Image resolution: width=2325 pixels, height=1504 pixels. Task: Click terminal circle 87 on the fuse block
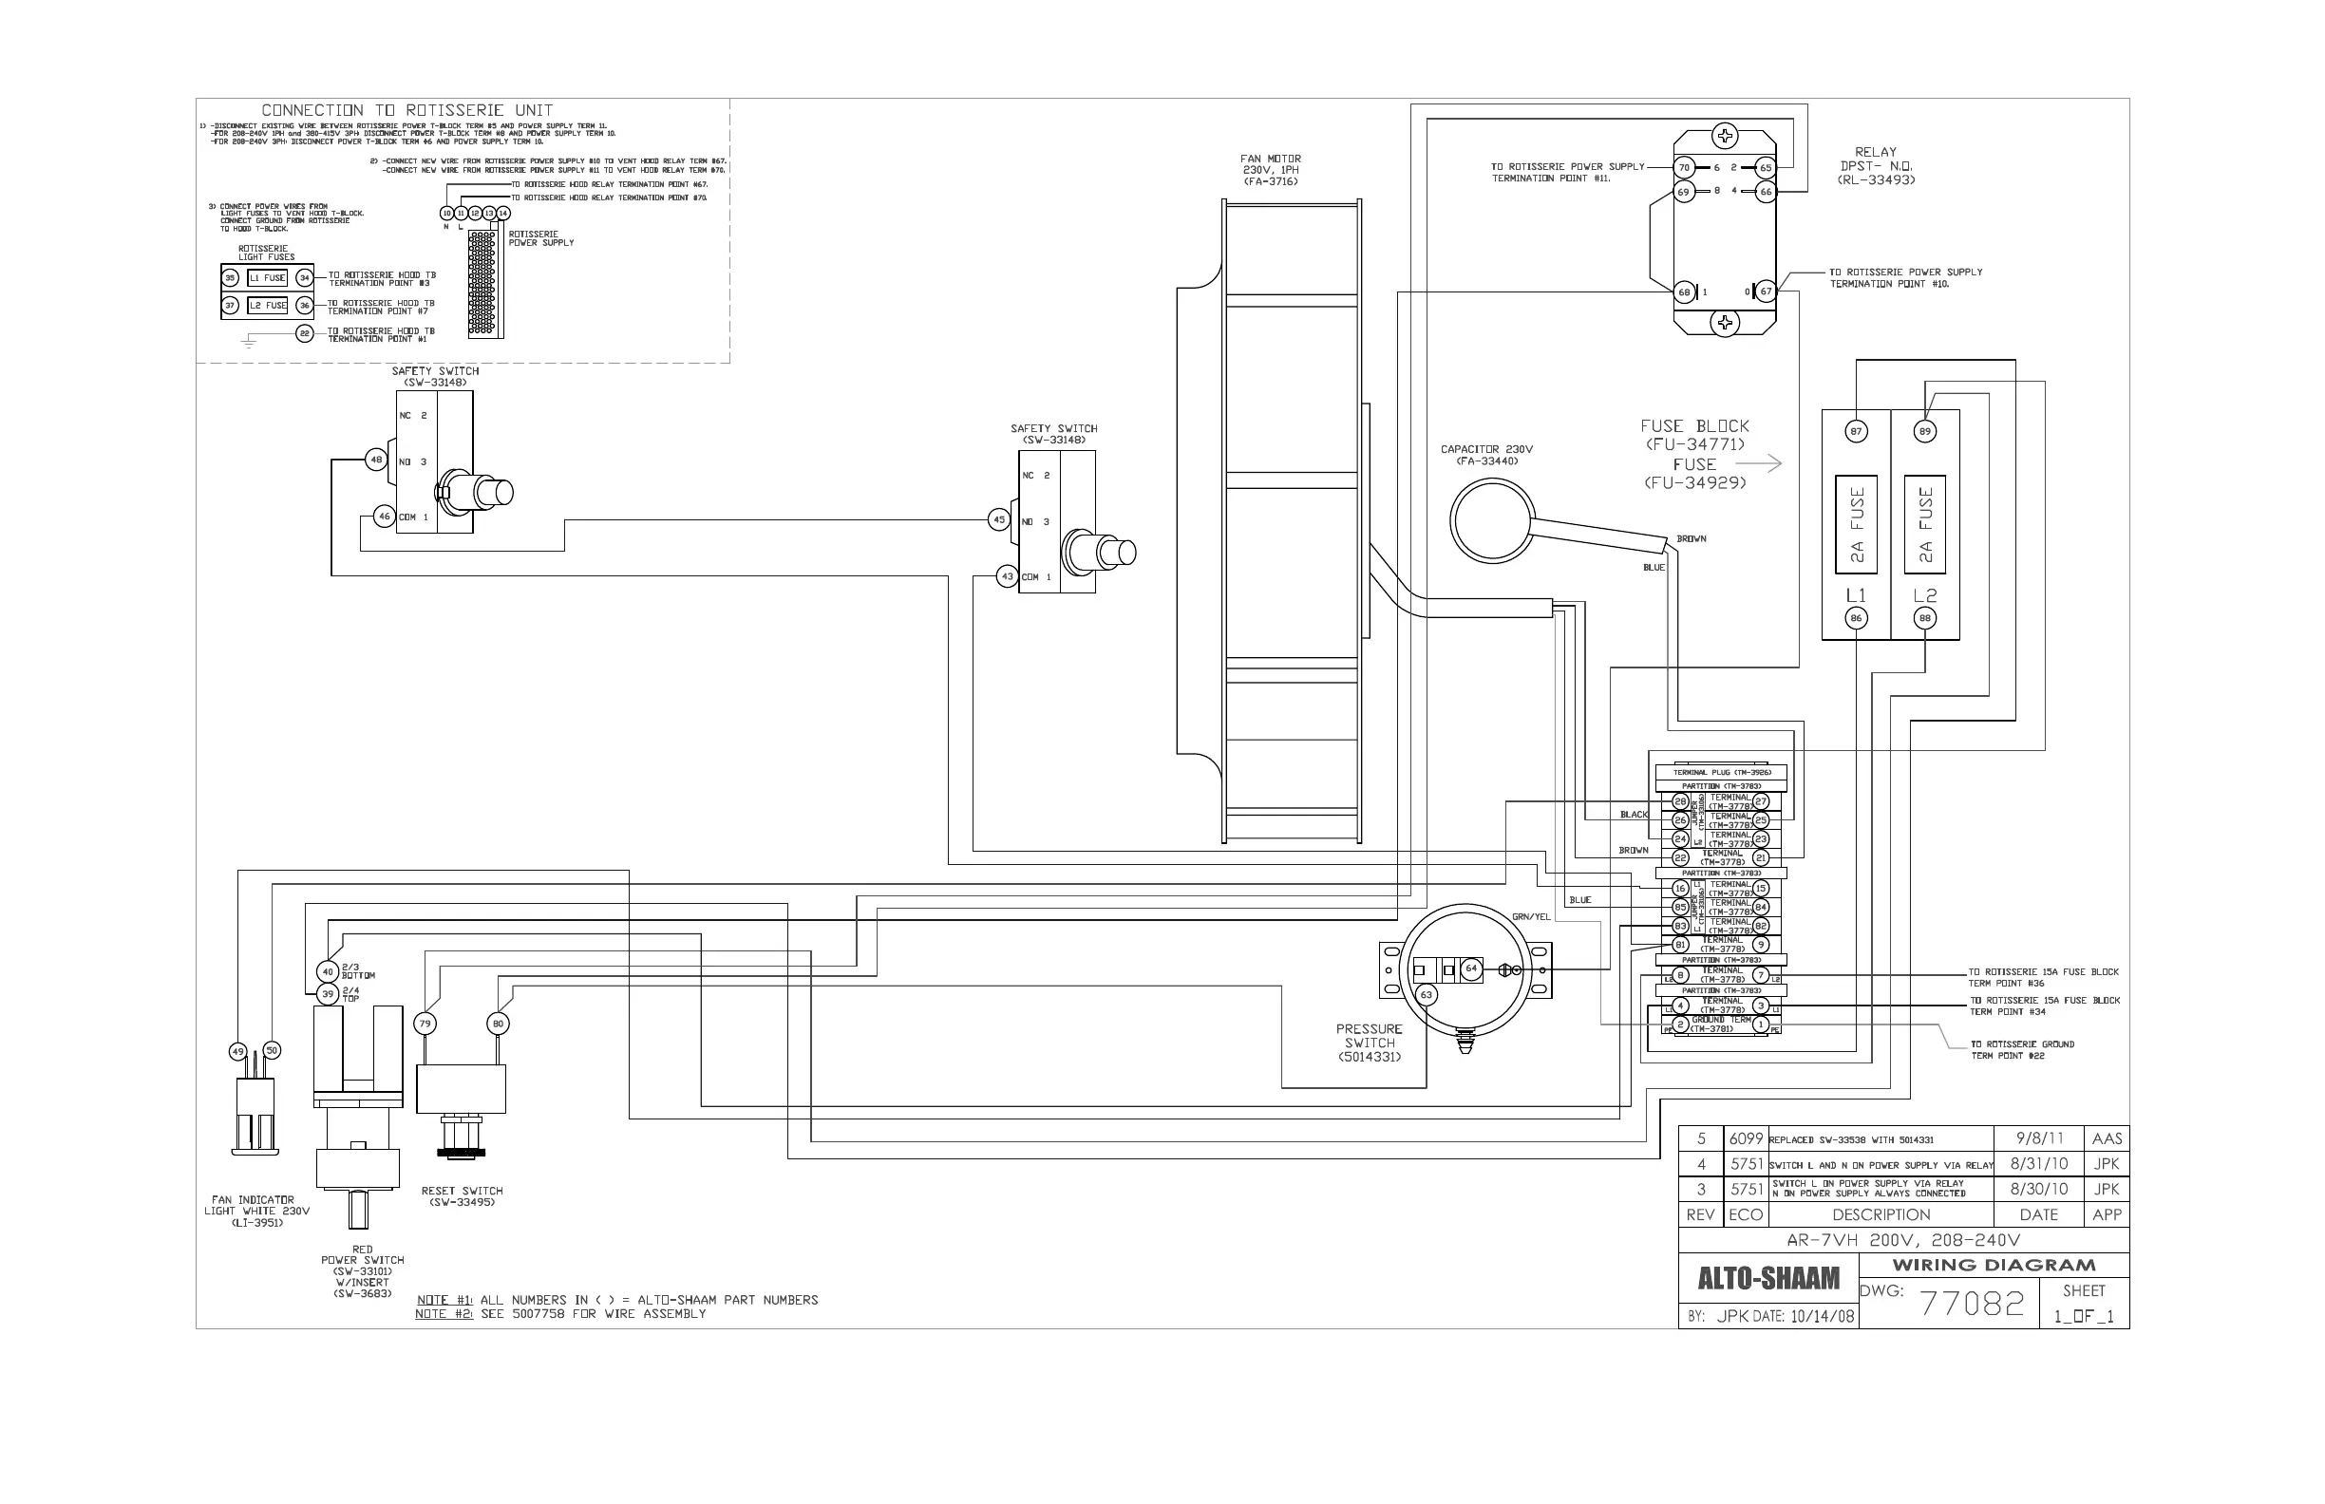click(1856, 431)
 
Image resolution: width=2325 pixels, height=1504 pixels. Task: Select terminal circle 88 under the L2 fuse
click(1924, 617)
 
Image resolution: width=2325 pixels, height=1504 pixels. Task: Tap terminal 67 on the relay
click(1766, 291)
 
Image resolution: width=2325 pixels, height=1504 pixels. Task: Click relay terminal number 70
click(1684, 167)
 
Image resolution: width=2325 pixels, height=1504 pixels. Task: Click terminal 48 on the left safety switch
click(376, 459)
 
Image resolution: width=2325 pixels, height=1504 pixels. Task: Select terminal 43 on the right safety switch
click(1007, 576)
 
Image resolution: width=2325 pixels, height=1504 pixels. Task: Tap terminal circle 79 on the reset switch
click(425, 1024)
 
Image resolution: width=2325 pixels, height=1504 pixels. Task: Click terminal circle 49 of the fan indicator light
click(237, 1052)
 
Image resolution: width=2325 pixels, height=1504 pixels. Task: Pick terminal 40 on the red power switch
click(329, 970)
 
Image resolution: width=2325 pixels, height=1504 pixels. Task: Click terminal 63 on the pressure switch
click(1427, 994)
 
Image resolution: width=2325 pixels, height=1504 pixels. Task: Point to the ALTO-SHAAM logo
click(1768, 1278)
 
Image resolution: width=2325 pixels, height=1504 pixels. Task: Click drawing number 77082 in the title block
click(1973, 1304)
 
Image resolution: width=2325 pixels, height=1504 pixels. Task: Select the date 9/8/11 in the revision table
click(2040, 1138)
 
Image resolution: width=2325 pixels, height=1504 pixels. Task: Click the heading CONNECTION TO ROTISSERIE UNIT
click(406, 110)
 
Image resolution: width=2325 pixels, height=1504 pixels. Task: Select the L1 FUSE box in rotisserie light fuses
click(267, 277)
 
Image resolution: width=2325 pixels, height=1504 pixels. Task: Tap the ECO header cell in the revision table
click(1746, 1215)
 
